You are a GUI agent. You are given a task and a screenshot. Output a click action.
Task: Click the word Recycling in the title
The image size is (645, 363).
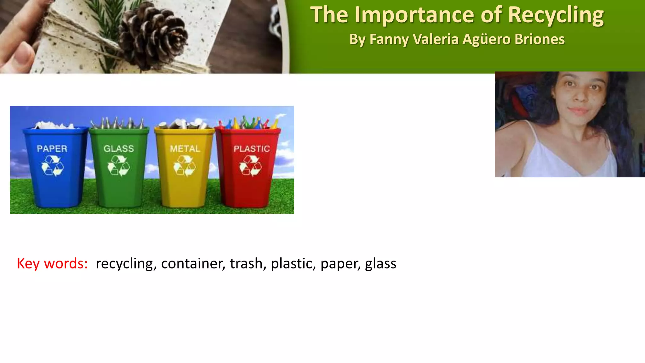pyautogui.click(x=556, y=15)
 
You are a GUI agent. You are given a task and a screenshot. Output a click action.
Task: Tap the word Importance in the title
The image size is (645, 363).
pyautogui.click(x=414, y=15)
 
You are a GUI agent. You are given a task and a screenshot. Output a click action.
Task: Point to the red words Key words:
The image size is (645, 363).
pyautogui.click(x=52, y=263)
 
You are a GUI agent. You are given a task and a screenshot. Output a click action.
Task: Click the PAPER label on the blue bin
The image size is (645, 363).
pyautogui.click(x=52, y=149)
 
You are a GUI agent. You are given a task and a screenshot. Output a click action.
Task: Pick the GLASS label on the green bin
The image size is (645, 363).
pyautogui.click(x=119, y=149)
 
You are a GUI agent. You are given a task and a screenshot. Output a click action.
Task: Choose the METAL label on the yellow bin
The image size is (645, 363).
pyautogui.click(x=185, y=149)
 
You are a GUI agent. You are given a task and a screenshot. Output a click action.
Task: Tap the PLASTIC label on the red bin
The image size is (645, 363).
pyautogui.click(x=252, y=149)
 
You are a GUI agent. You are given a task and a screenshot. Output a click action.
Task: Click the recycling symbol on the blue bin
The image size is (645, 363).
pyautogui.click(x=53, y=166)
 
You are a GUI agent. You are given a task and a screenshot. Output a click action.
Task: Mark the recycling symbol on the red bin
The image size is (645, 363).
pyautogui.click(x=251, y=166)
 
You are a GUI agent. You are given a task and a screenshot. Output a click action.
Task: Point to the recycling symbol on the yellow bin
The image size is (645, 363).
pyautogui.click(x=185, y=166)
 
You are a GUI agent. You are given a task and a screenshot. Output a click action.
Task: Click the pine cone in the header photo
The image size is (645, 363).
pyautogui.click(x=153, y=36)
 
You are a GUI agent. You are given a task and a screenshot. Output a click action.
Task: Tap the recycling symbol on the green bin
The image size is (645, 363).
pyautogui.click(x=118, y=166)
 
